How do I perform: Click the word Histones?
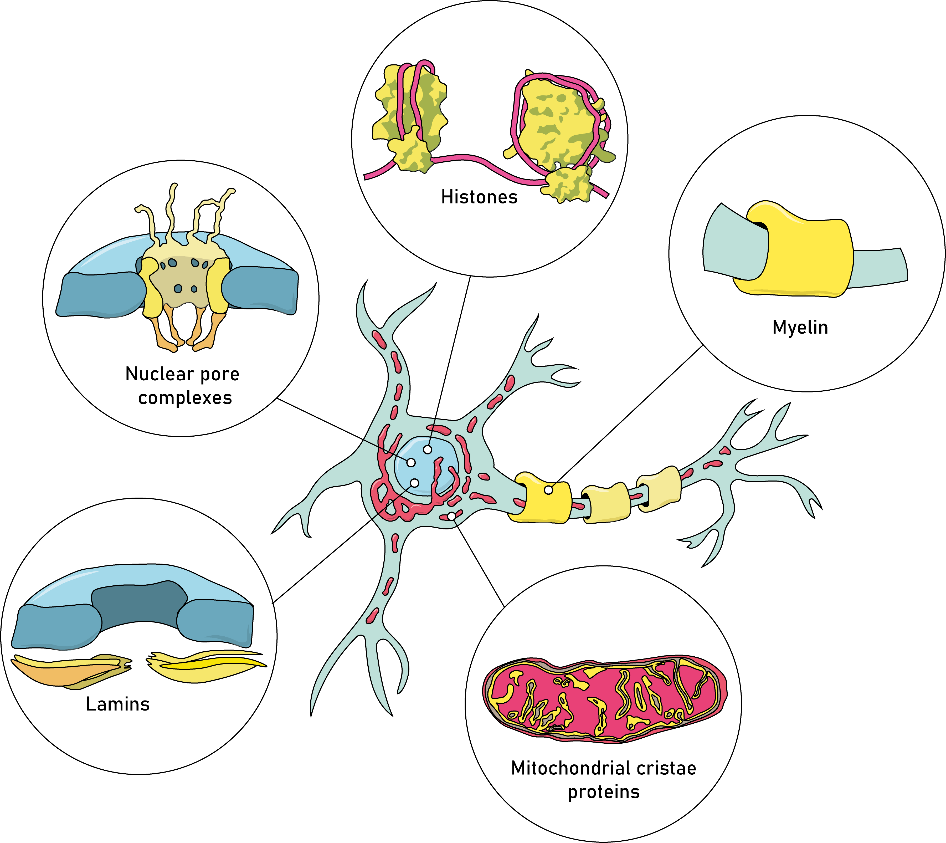[479, 197]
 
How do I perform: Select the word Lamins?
[118, 704]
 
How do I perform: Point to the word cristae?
[666, 768]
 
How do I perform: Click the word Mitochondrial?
[570, 768]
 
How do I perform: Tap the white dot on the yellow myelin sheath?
[548, 490]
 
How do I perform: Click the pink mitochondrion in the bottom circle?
[602, 699]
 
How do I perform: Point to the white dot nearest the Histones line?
[427, 449]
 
